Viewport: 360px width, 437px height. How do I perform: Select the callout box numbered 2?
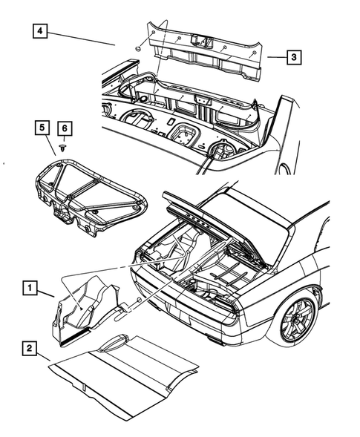pos(29,347)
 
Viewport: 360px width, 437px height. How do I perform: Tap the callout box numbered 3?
pos(294,56)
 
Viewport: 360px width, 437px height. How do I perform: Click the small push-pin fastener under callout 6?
pos(65,148)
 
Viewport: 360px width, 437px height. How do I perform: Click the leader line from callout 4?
pos(82,39)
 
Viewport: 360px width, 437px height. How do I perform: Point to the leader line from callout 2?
pos(45,356)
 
